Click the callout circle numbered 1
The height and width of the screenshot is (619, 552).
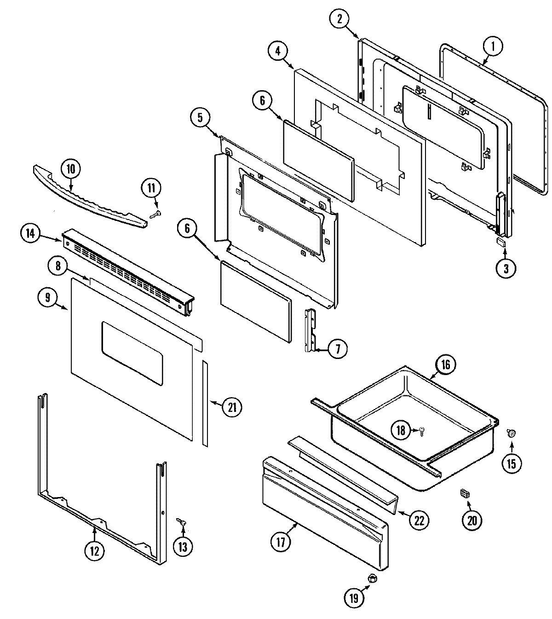493,46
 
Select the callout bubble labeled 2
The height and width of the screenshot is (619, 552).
339,19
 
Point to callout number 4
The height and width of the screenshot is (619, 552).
278,51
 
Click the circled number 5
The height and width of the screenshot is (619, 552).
200,118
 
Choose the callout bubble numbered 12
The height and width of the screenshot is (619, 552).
94,550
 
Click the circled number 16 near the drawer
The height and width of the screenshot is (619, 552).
445,364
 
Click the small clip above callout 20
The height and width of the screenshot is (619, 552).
465,493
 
